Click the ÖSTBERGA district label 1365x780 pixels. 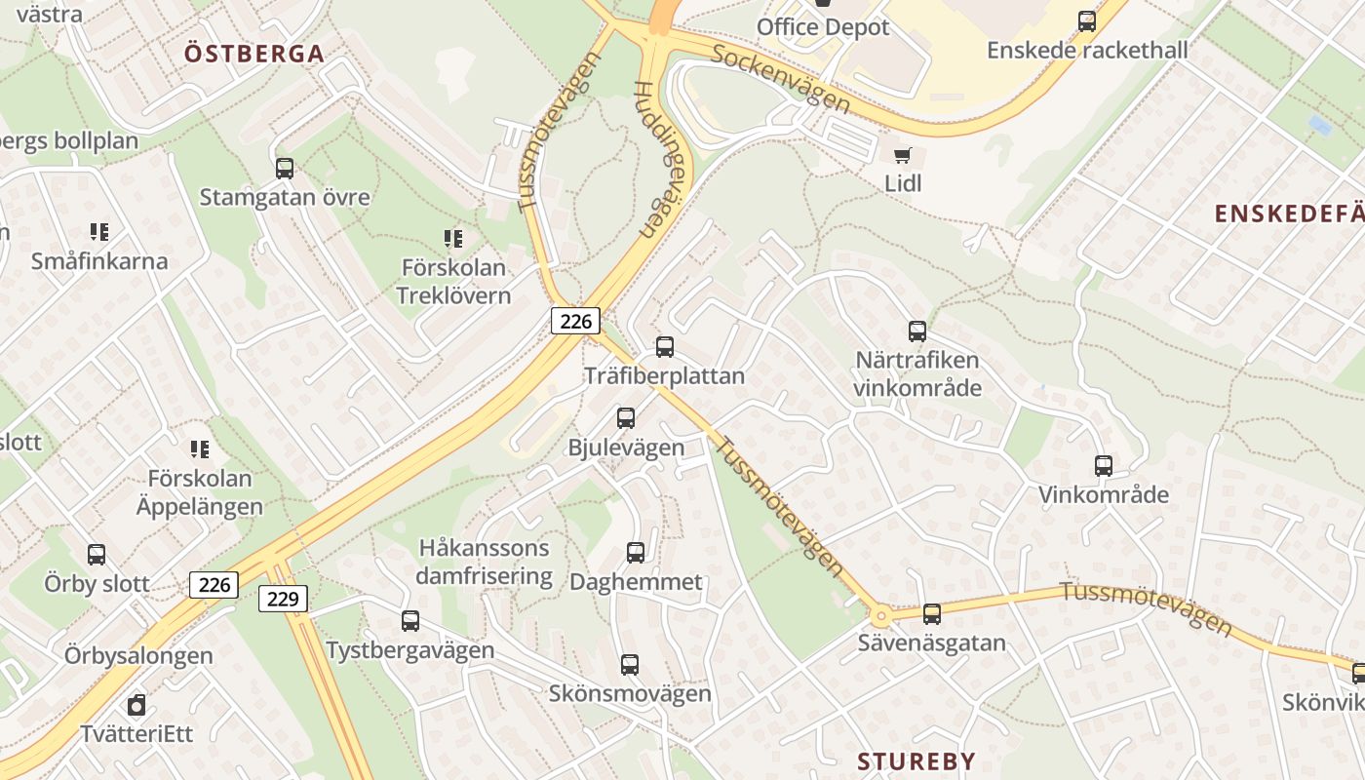(253, 54)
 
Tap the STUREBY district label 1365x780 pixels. (916, 761)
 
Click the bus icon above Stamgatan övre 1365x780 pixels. (285, 169)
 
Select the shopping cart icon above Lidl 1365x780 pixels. (903, 155)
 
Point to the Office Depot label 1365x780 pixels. (823, 27)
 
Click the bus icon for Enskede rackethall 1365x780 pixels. (1086, 20)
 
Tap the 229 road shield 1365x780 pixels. (283, 598)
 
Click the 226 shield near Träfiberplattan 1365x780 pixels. (575, 320)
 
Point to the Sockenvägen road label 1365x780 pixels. (781, 79)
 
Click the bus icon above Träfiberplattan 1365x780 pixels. (665, 346)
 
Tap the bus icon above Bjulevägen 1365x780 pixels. (626, 418)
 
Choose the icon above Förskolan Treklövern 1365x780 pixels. (453, 238)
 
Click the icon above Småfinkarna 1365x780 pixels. (99, 232)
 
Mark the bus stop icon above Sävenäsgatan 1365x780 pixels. (932, 613)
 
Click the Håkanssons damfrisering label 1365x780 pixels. (484, 562)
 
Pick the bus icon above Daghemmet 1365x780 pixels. (636, 553)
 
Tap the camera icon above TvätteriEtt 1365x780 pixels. (136, 704)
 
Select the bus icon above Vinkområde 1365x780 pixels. (1103, 465)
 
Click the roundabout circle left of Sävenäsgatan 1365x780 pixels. (881, 615)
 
